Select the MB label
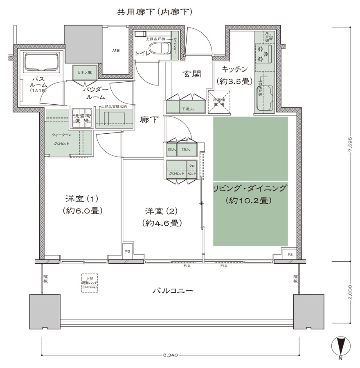pyautogui.click(x=116, y=51)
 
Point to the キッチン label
pyautogui.click(x=233, y=69)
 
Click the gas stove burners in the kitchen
pyautogui.click(x=262, y=53)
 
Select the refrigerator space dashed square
pyautogui.click(x=219, y=101)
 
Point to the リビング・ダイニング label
pyautogui.click(x=250, y=188)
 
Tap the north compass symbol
pyautogui.click(x=340, y=347)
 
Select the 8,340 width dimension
pyautogui.click(x=171, y=355)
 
